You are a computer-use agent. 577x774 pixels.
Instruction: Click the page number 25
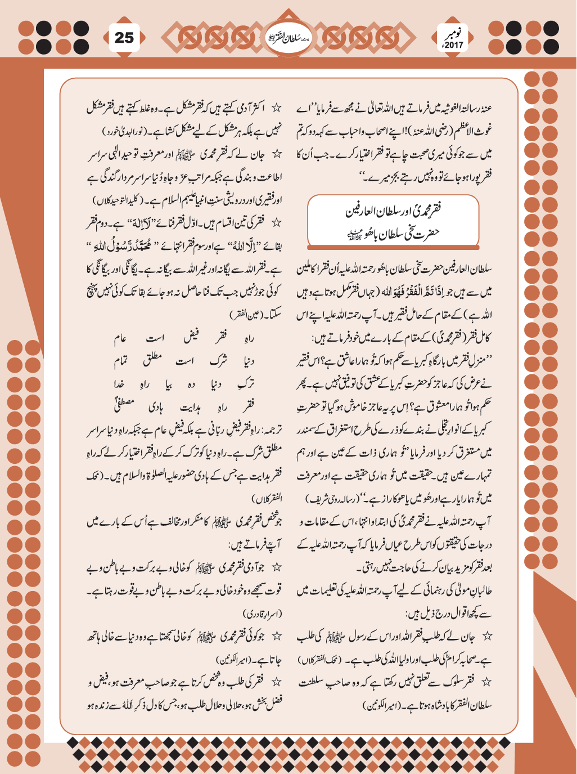(x=124, y=38)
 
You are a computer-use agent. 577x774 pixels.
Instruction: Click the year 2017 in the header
(x=453, y=45)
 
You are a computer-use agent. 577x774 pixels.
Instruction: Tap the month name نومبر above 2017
(x=453, y=33)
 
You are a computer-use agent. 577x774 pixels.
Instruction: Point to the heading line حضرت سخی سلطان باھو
(x=394, y=232)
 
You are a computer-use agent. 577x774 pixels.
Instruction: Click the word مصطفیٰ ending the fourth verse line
(x=125, y=404)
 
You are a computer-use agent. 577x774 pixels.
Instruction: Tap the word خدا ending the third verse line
(x=119, y=383)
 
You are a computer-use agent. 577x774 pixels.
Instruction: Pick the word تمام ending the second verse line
(x=121, y=361)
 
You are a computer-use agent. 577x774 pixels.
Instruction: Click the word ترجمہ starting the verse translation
(x=269, y=430)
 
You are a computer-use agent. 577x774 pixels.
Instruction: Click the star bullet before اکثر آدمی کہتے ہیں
(x=276, y=108)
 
